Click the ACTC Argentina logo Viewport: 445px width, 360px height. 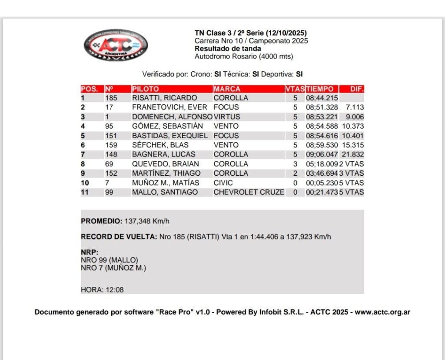pos(116,45)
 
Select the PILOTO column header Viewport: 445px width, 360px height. pos(146,89)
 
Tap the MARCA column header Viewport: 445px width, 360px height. pos(227,89)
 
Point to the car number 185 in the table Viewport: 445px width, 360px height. pos(111,98)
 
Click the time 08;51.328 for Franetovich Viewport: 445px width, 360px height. pos(322,107)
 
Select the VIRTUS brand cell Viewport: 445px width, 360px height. pos(227,117)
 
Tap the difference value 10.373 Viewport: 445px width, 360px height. pos(353,126)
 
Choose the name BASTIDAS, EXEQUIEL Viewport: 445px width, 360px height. pos(170,136)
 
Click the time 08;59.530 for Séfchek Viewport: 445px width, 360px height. pos(322,145)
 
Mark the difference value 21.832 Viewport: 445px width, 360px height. pos(353,154)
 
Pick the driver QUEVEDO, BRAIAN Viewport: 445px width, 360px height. pos(166,164)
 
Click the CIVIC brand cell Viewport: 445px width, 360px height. pos(223,183)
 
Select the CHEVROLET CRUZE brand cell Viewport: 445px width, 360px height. pos(249,192)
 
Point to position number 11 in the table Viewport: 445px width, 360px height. pos(86,192)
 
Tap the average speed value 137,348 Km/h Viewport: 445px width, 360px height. pos(147,221)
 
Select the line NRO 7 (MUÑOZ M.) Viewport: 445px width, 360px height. pos(113,268)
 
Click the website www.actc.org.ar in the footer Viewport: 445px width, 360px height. pos(382,312)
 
